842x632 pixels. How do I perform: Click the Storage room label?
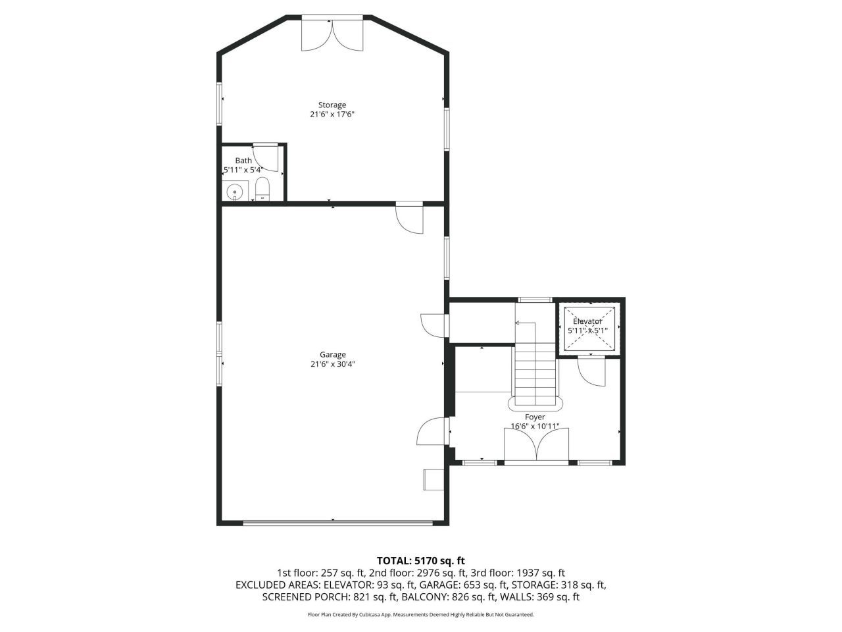point(332,105)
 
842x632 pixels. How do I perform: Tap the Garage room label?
point(332,355)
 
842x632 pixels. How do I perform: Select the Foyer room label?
point(535,417)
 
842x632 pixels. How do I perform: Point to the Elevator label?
point(587,321)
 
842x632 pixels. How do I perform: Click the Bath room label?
point(243,161)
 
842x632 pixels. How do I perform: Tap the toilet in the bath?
point(262,189)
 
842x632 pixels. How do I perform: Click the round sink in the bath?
point(234,192)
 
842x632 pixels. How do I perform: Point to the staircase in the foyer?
point(535,369)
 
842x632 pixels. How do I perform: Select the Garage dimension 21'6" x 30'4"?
point(332,364)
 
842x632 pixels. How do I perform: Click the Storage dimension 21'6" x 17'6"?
point(332,114)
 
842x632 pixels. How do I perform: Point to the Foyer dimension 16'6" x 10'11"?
point(535,426)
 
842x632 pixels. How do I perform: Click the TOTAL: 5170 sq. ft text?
point(420,561)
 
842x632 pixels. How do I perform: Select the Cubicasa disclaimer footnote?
point(420,615)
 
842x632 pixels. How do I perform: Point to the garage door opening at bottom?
point(337,523)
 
